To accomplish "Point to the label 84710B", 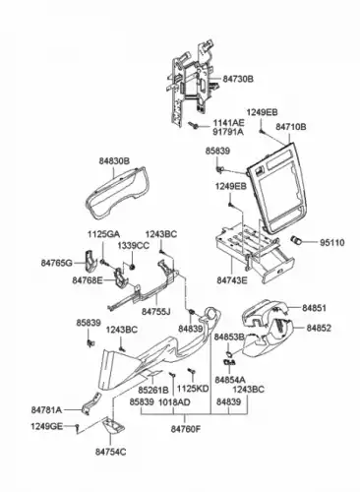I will pos(290,127).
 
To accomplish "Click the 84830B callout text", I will pos(115,154).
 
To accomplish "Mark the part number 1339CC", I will pos(134,245).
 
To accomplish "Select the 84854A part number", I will pos(231,379).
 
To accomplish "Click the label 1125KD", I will pos(193,390).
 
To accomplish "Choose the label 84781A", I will pos(46,408).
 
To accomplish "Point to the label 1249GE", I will pos(46,425).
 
